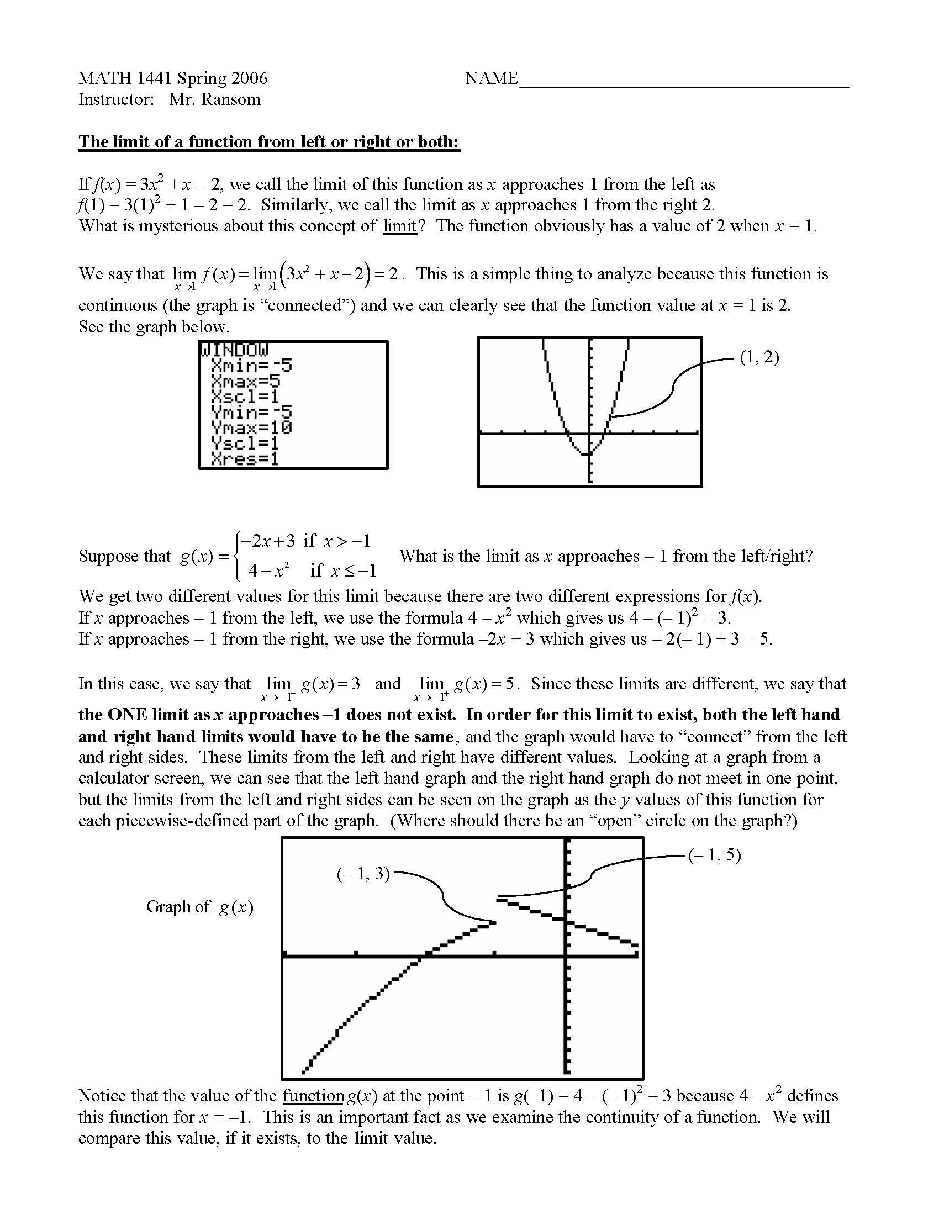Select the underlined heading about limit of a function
click(268, 142)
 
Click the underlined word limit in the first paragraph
click(400, 226)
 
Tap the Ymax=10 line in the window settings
click(251, 428)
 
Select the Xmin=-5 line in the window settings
click(251, 366)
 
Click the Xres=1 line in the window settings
click(245, 459)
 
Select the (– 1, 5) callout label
click(714, 855)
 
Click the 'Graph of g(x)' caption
click(199, 907)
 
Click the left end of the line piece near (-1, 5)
click(500, 897)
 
